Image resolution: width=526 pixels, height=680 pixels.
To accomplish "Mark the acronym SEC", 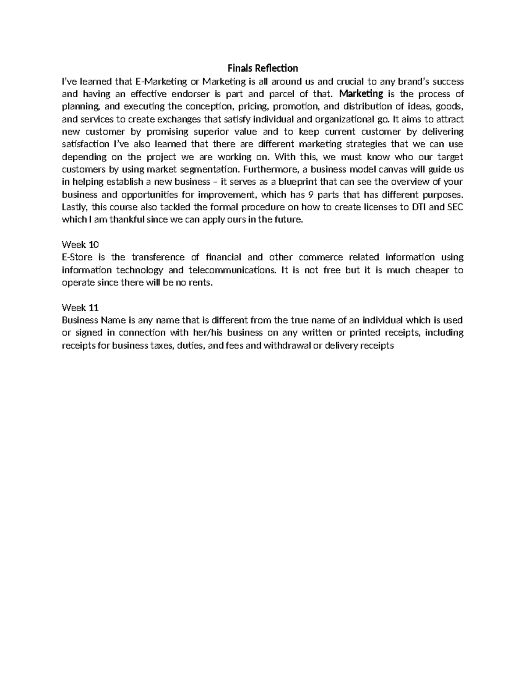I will [x=455, y=207].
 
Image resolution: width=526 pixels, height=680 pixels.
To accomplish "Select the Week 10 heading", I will [x=81, y=245].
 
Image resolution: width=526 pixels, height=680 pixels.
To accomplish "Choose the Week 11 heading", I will [x=81, y=307].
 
